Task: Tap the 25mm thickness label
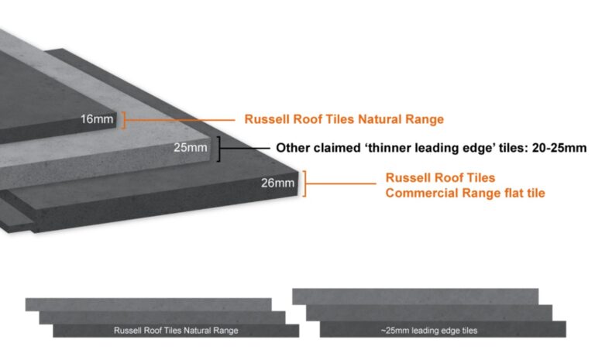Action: coord(191,147)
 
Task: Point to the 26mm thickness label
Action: coord(279,183)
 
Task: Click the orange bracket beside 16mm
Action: coord(124,119)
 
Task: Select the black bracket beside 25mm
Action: coord(219,148)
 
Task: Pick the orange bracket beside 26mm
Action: coord(306,183)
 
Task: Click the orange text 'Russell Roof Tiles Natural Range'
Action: coord(344,119)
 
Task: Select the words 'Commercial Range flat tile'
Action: coord(465,192)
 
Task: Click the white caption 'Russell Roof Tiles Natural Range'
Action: coord(176,331)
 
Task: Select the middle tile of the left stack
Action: coord(162,317)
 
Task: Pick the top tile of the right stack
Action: coord(415,297)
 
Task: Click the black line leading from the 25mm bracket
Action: coord(243,147)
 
